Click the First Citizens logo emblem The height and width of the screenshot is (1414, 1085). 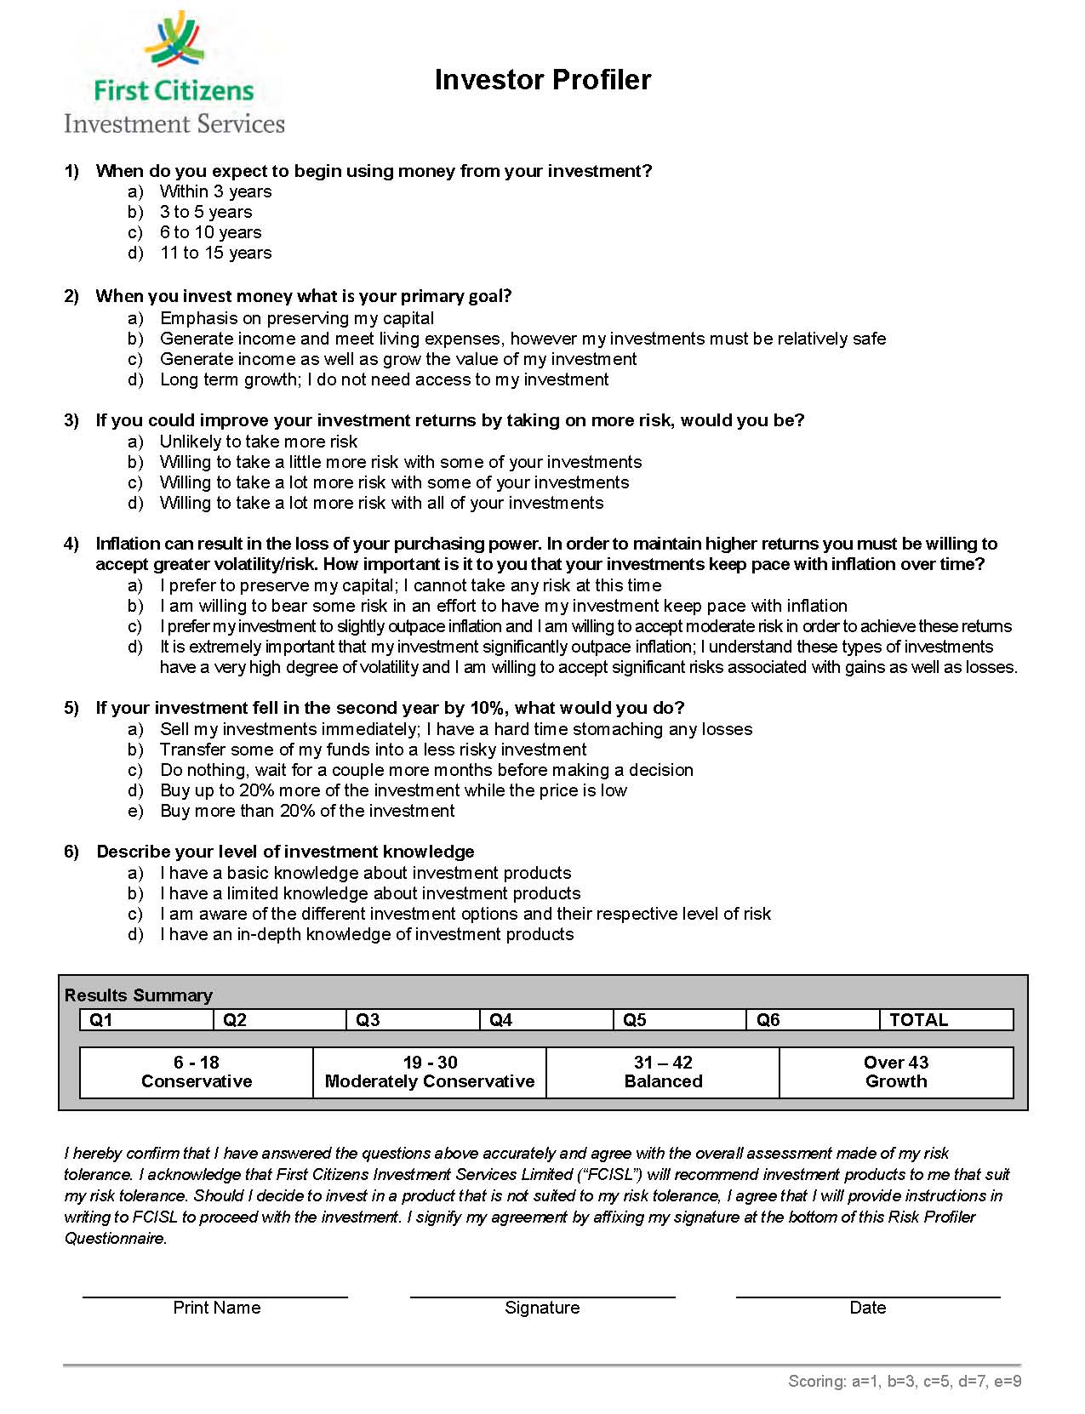tap(175, 41)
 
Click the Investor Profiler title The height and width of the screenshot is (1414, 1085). tap(542, 80)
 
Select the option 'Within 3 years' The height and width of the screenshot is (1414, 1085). tap(215, 191)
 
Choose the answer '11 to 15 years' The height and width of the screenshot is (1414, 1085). tap(215, 253)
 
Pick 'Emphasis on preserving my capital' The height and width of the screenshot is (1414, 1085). tap(296, 318)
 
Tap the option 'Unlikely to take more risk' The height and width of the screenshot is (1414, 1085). tap(258, 442)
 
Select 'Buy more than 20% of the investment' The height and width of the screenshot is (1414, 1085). tap(307, 811)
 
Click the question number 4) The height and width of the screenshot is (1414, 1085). tap(71, 544)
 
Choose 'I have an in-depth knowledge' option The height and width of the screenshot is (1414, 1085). tap(366, 934)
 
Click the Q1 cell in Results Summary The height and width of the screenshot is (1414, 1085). tap(146, 1019)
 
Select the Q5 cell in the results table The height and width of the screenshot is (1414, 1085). tap(679, 1019)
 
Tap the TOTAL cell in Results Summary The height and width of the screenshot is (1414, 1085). tap(945, 1019)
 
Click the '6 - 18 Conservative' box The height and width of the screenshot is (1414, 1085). tap(197, 1072)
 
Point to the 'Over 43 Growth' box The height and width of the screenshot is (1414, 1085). tap(896, 1072)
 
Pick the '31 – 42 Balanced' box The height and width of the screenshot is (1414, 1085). tap(663, 1072)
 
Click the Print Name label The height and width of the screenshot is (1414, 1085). tap(216, 1308)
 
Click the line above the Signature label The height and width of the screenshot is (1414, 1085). tap(542, 1296)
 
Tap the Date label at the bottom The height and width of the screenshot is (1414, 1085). tap(867, 1308)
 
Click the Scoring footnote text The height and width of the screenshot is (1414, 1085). tap(904, 1381)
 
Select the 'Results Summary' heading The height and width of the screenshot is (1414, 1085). tap(138, 995)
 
